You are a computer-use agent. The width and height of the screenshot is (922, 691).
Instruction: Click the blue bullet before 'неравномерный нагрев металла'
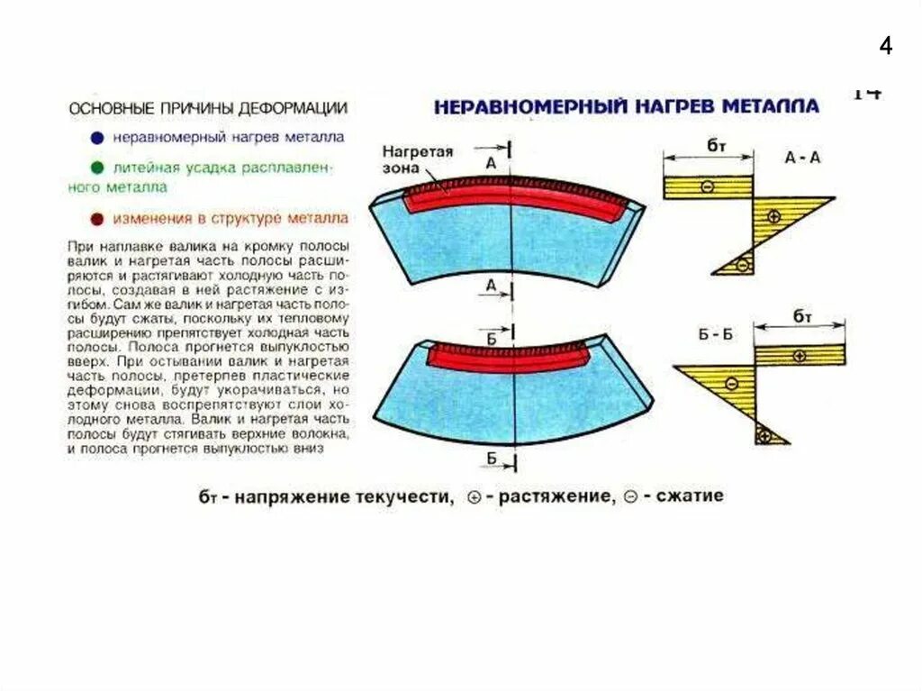point(96,138)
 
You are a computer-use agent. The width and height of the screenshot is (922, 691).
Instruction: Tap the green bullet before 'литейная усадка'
point(96,168)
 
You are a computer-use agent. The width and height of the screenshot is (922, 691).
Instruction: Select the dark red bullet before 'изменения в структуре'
point(96,219)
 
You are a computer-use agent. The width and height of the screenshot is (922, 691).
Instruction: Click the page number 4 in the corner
point(886,46)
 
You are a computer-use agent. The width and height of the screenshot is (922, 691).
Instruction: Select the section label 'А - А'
point(801,157)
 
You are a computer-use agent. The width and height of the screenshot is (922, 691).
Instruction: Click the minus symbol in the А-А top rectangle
point(707,186)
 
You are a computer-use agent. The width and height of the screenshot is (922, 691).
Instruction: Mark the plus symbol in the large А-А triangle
point(773,215)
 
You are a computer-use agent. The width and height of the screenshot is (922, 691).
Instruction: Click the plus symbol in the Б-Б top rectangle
point(800,354)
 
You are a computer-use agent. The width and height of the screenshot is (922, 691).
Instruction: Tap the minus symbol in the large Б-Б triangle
point(732,384)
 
